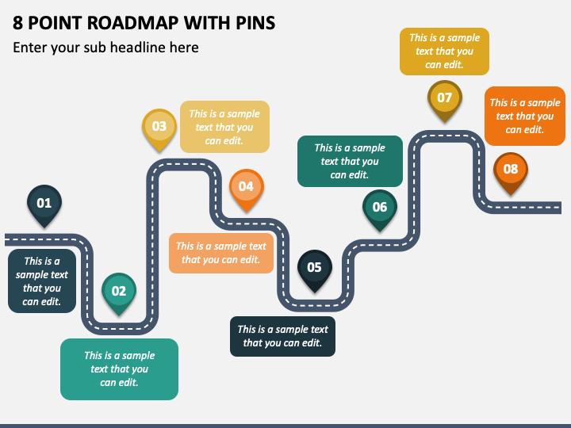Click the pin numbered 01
coord(44,204)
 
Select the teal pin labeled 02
coord(119,291)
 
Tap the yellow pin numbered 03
coord(159,126)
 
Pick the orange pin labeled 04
coord(246,187)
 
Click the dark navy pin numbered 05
coord(314,267)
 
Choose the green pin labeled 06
coord(380,208)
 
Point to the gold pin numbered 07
coord(444,98)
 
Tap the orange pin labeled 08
coord(511,169)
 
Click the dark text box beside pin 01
coord(42,281)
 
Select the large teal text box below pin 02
coord(119,369)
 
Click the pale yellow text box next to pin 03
coord(224,127)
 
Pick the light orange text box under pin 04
coord(221,253)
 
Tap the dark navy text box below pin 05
coord(282,336)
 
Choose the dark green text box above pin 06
coord(350,161)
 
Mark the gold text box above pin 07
coord(444,51)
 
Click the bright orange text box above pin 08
coord(524,116)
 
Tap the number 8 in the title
coord(18,23)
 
